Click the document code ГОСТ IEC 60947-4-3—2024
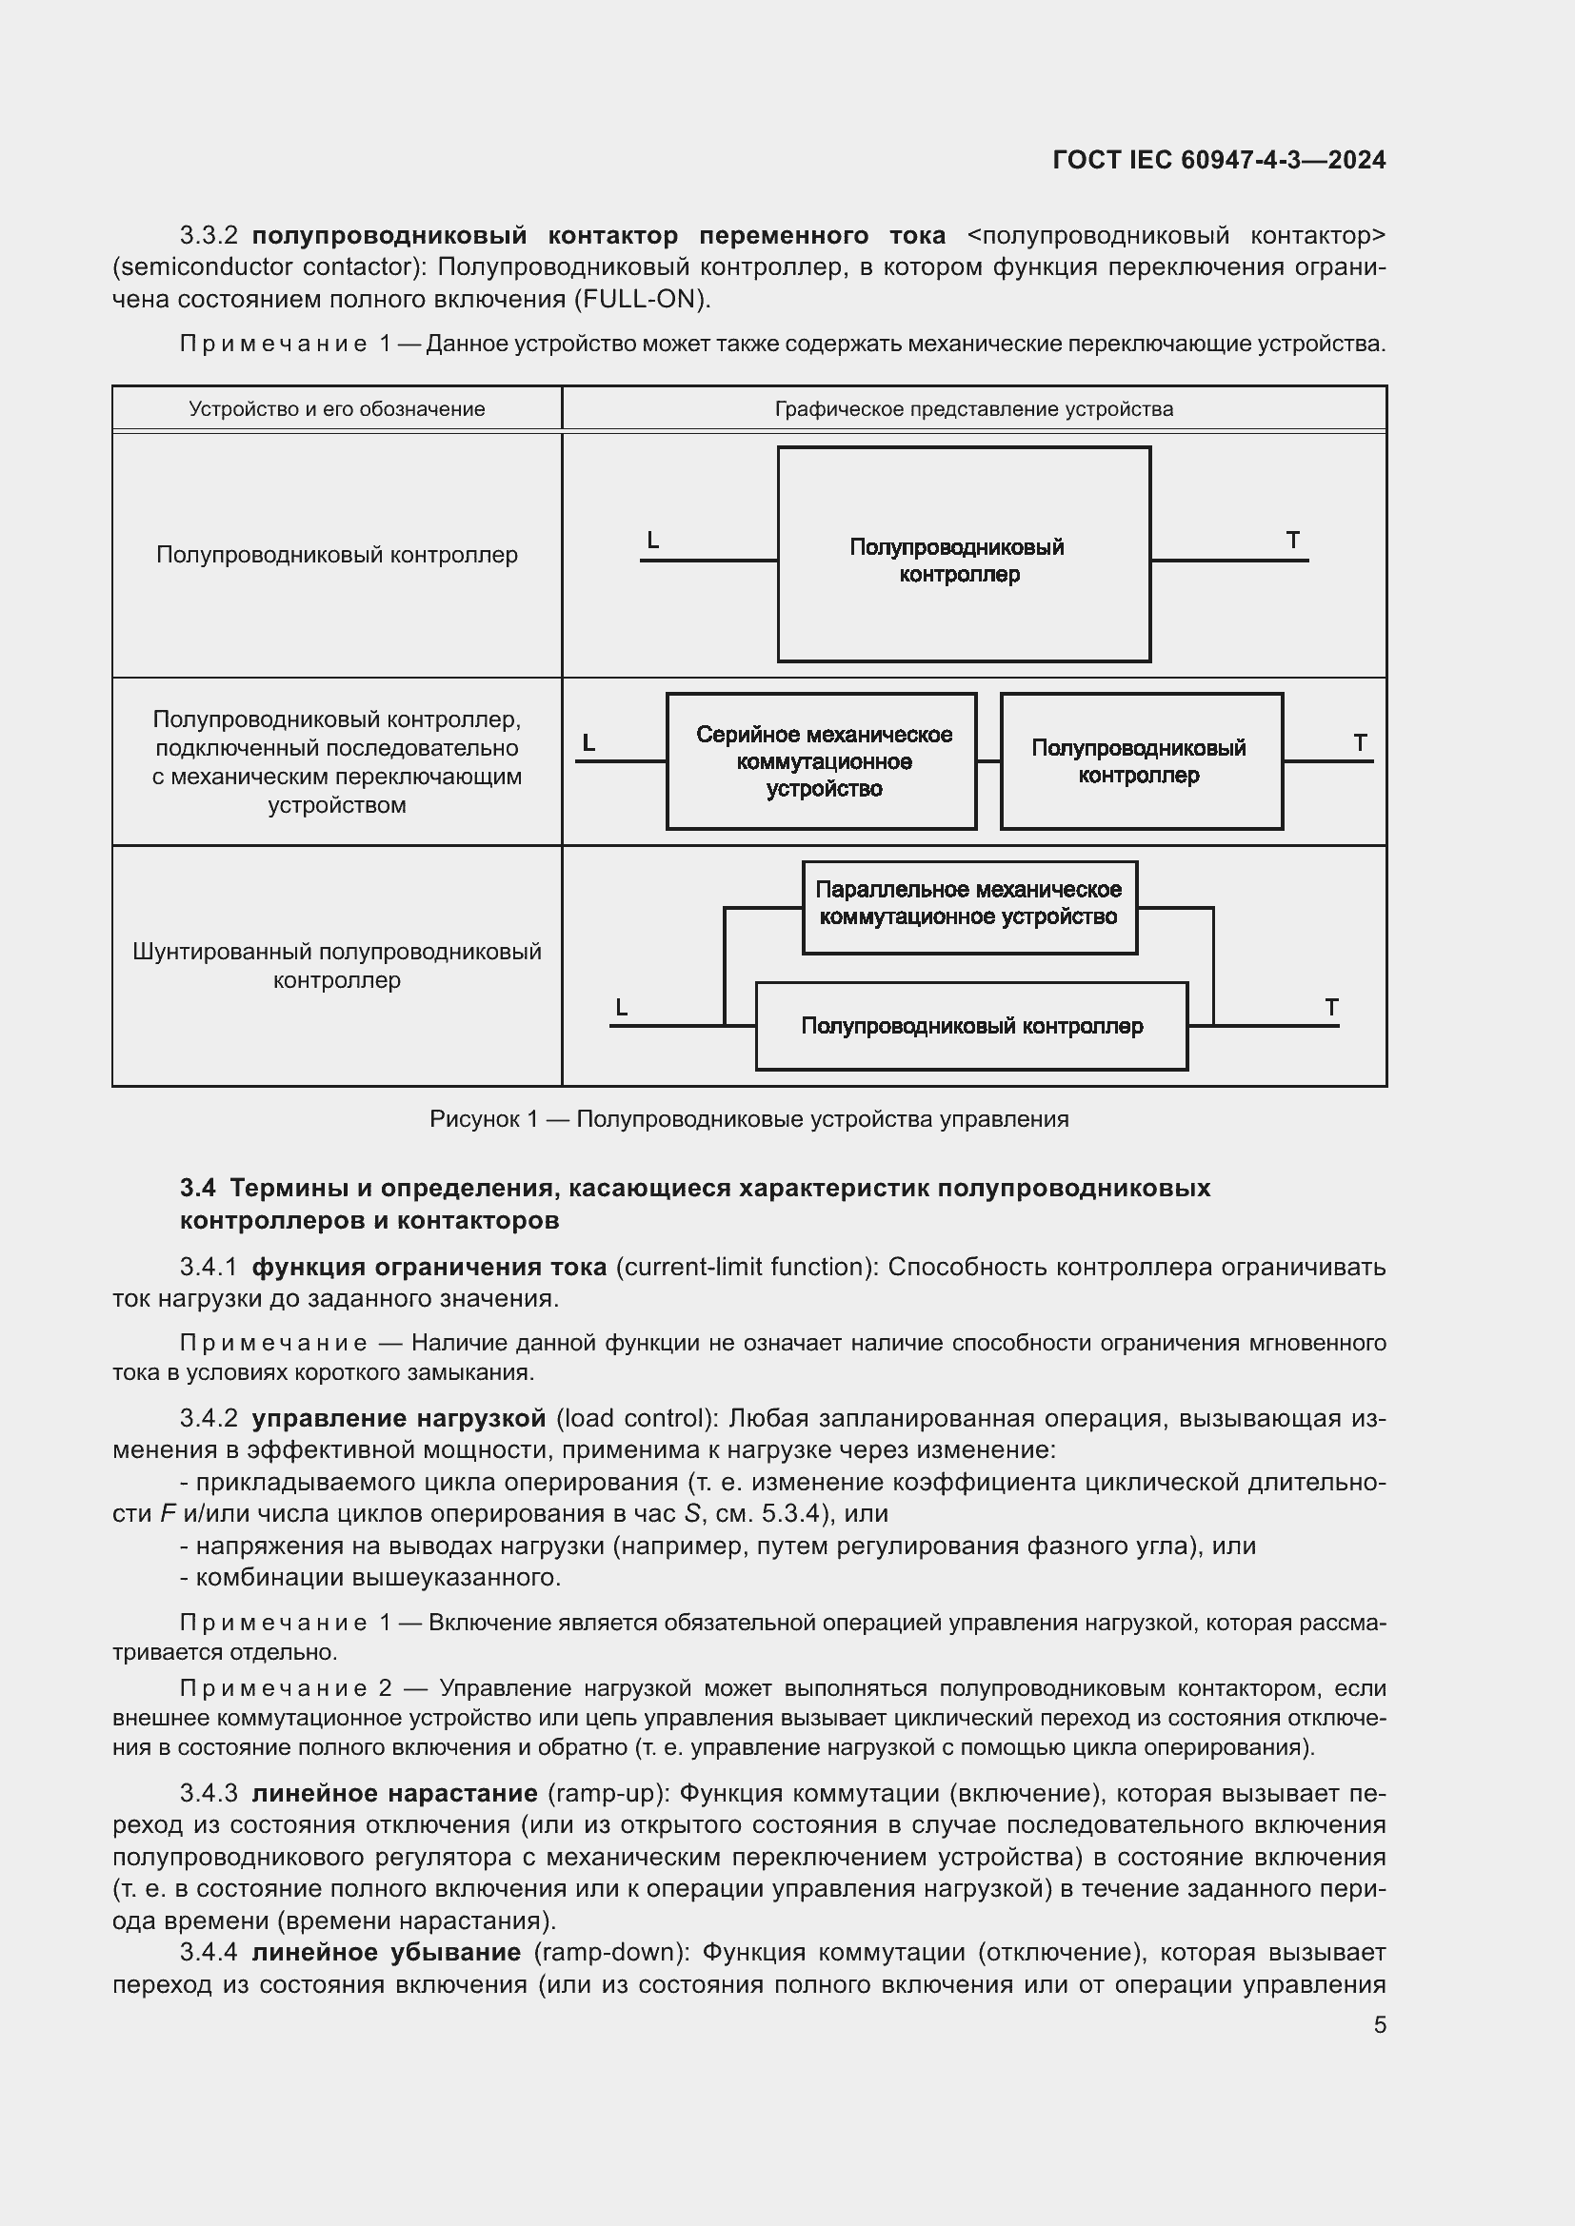pyautogui.click(x=1218, y=160)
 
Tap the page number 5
pyautogui.click(x=1379, y=2024)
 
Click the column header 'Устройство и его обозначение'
pyautogui.click(x=336, y=409)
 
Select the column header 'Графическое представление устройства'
pyautogui.click(x=973, y=409)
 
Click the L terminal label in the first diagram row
pyautogui.click(x=652, y=541)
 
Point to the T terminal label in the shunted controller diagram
pyautogui.click(x=1331, y=1007)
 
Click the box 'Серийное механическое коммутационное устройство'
pyautogui.click(x=823, y=761)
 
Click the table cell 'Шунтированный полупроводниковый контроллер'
pyautogui.click(x=336, y=965)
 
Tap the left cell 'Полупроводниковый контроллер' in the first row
pyautogui.click(x=336, y=555)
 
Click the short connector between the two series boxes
pyautogui.click(x=988, y=761)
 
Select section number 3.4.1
pyautogui.click(x=209, y=1267)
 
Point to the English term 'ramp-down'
pyautogui.click(x=611, y=1952)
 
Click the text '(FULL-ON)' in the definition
pyautogui.click(x=642, y=299)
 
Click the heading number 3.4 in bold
pyautogui.click(x=198, y=1188)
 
